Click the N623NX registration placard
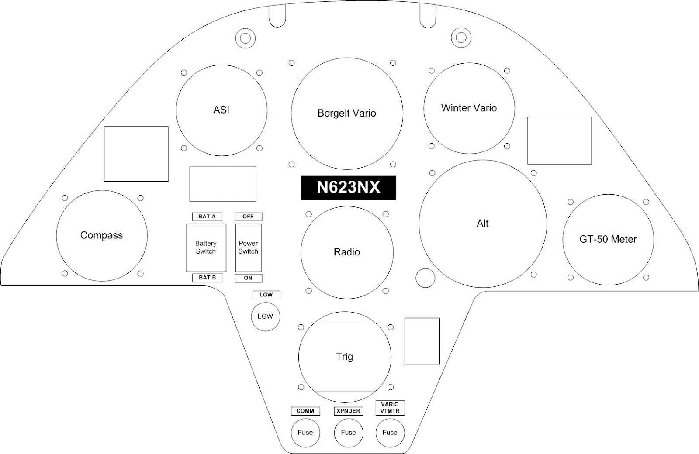pos(348,188)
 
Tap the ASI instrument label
pos(221,110)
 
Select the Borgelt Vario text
pos(346,113)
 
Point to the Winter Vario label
pos(469,108)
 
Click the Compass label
pos(101,235)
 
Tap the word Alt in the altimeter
pos(482,224)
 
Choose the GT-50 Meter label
pos(608,239)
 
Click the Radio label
pos(346,252)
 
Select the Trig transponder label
pos(344,357)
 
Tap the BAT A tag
pos(207,217)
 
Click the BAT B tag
pos(207,278)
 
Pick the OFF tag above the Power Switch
pos(248,217)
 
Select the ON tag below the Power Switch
pos(248,278)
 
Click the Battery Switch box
pos(206,248)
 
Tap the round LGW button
pos(265,316)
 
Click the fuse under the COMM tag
pos(305,433)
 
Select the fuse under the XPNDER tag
pos(348,433)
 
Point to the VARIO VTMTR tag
pos(390,408)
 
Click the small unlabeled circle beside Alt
pos(425,278)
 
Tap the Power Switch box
pos(248,248)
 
